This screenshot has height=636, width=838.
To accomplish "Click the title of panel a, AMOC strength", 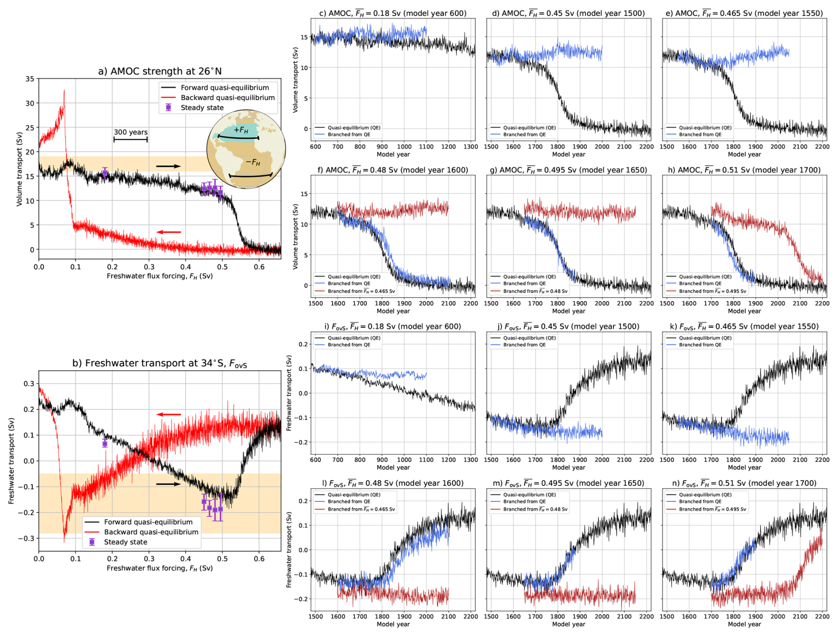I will coord(159,71).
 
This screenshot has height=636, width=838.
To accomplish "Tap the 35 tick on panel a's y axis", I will coord(30,79).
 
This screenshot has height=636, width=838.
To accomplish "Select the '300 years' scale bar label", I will coord(131,132).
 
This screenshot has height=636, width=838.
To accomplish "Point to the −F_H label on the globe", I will coord(253,162).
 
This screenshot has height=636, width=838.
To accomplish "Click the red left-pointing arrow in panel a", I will coord(169,232).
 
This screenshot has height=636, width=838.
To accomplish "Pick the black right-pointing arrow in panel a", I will coord(168,166).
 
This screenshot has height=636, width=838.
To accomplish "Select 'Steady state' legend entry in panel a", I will coord(202,108).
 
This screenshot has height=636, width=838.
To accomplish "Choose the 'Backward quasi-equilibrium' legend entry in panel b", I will coord(151,532).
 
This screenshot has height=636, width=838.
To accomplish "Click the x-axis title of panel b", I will coord(159,568).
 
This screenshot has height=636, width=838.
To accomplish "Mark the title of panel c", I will coord(393,13).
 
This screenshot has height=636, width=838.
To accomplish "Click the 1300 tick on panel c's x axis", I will coord(470,147).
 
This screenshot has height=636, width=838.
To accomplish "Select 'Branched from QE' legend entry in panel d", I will coord(524,135).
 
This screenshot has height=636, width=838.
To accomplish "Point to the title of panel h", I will coord(744,170).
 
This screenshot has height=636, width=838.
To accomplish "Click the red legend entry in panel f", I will coord(361,291).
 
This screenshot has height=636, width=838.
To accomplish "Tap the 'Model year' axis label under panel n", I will coord(744,624).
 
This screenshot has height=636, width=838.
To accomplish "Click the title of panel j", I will coord(568,326).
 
